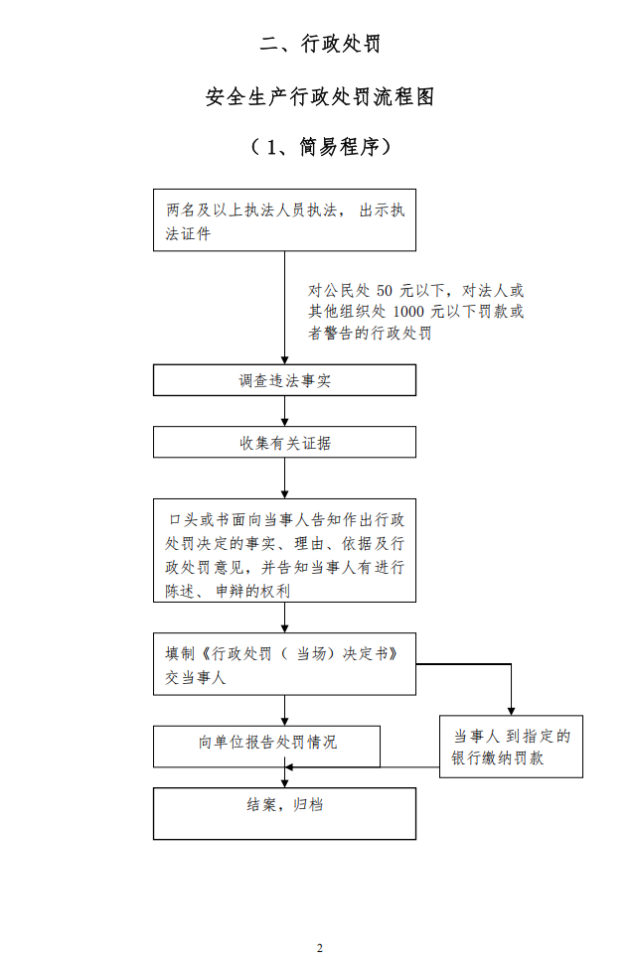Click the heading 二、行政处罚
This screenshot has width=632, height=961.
(319, 44)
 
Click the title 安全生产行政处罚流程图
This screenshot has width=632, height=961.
(319, 96)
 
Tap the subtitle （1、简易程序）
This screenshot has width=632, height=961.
(319, 147)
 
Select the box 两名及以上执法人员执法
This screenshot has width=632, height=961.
(284, 220)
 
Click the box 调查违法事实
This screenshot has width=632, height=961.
(284, 380)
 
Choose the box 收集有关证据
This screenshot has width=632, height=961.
(284, 443)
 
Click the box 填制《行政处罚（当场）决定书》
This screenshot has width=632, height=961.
(284, 664)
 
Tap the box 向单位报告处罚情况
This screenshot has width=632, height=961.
(266, 746)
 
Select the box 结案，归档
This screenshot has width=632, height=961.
(284, 813)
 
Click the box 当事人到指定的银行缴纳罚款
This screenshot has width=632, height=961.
(511, 746)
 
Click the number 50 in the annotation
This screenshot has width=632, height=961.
(386, 291)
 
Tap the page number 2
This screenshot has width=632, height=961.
(319, 948)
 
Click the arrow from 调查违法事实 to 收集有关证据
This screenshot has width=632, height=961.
(285, 411)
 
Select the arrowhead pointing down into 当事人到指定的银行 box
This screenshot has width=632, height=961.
(511, 709)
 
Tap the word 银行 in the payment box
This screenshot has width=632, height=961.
(467, 758)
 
